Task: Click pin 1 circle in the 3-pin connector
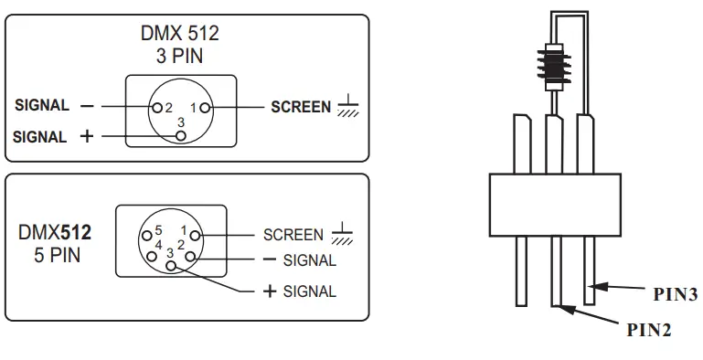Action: (206, 108)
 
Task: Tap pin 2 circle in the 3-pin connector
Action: (157, 107)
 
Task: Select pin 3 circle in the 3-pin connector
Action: (181, 135)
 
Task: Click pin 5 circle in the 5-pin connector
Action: (147, 236)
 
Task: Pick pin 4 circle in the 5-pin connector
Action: (152, 257)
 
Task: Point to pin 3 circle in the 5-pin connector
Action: (171, 266)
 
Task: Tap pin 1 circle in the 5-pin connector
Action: (195, 236)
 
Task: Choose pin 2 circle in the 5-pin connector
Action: (190, 257)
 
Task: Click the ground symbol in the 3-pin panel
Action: (348, 106)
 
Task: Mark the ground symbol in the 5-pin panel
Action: (342, 233)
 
